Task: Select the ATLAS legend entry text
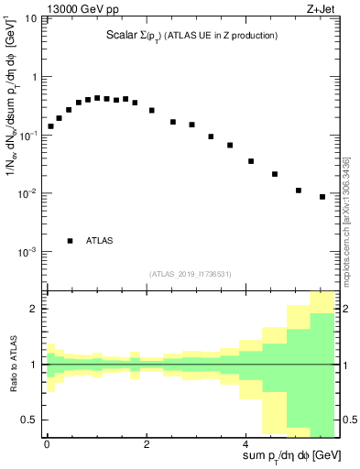[100, 241]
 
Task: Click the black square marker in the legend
[70, 241]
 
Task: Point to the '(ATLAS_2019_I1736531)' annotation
[190, 273]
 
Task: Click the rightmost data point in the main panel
[322, 196]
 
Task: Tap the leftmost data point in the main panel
[50, 126]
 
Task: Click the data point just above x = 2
[152, 110]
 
